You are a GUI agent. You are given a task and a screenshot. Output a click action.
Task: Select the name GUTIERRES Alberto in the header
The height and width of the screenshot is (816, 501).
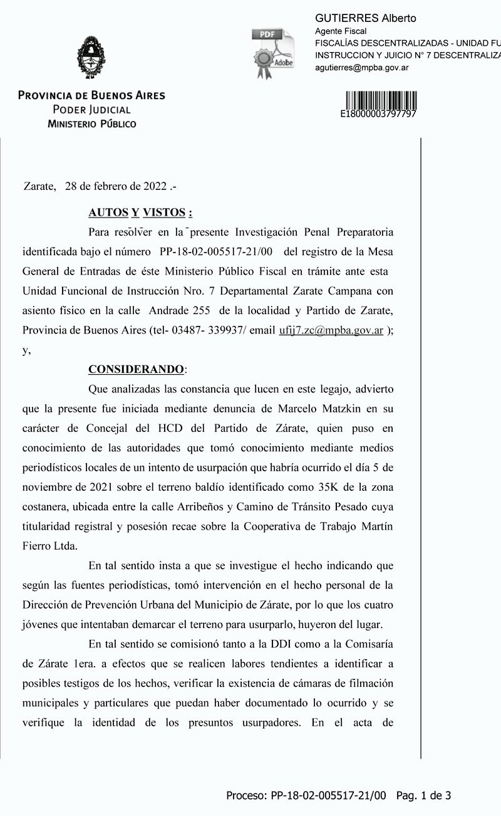(365, 18)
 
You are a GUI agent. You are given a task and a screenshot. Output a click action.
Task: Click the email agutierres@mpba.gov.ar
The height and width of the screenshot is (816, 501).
(361, 67)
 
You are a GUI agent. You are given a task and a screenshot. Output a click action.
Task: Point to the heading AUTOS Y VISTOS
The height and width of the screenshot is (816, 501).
(140, 212)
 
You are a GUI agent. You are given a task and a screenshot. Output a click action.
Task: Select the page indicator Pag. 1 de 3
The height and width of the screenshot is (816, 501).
(424, 796)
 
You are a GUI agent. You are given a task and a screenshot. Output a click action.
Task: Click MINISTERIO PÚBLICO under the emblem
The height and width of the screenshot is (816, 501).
(91, 123)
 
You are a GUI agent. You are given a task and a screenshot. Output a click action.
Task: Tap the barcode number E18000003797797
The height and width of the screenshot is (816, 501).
(378, 115)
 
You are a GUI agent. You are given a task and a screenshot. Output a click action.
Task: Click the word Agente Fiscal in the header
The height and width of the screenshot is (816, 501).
(340, 31)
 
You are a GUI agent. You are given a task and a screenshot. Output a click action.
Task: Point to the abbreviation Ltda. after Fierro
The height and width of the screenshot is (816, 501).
(66, 545)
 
